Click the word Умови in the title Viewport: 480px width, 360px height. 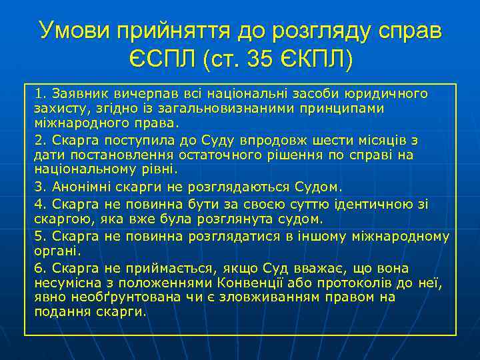click(74, 31)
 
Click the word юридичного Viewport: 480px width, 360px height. click(391, 93)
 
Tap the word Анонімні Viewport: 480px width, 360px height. click(76, 186)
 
